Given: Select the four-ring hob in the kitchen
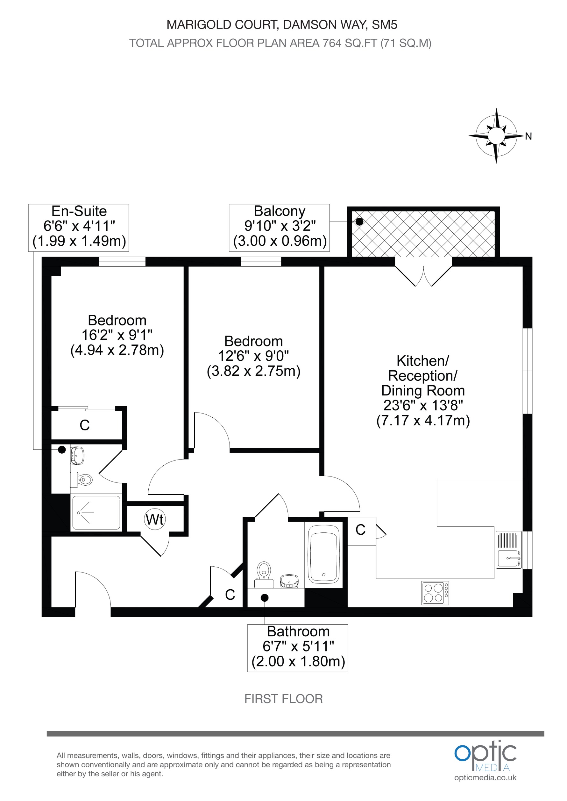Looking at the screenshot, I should (x=435, y=593).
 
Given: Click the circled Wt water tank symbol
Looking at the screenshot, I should (x=155, y=519).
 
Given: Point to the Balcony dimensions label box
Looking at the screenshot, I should (x=279, y=228).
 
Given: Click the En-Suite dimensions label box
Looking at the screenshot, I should (x=79, y=228).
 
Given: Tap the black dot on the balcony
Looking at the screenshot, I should (x=359, y=221).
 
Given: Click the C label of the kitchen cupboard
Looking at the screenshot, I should (x=360, y=530).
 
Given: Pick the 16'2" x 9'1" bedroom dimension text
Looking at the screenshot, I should (x=117, y=335).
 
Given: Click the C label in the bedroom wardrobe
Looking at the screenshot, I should (x=85, y=425).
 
